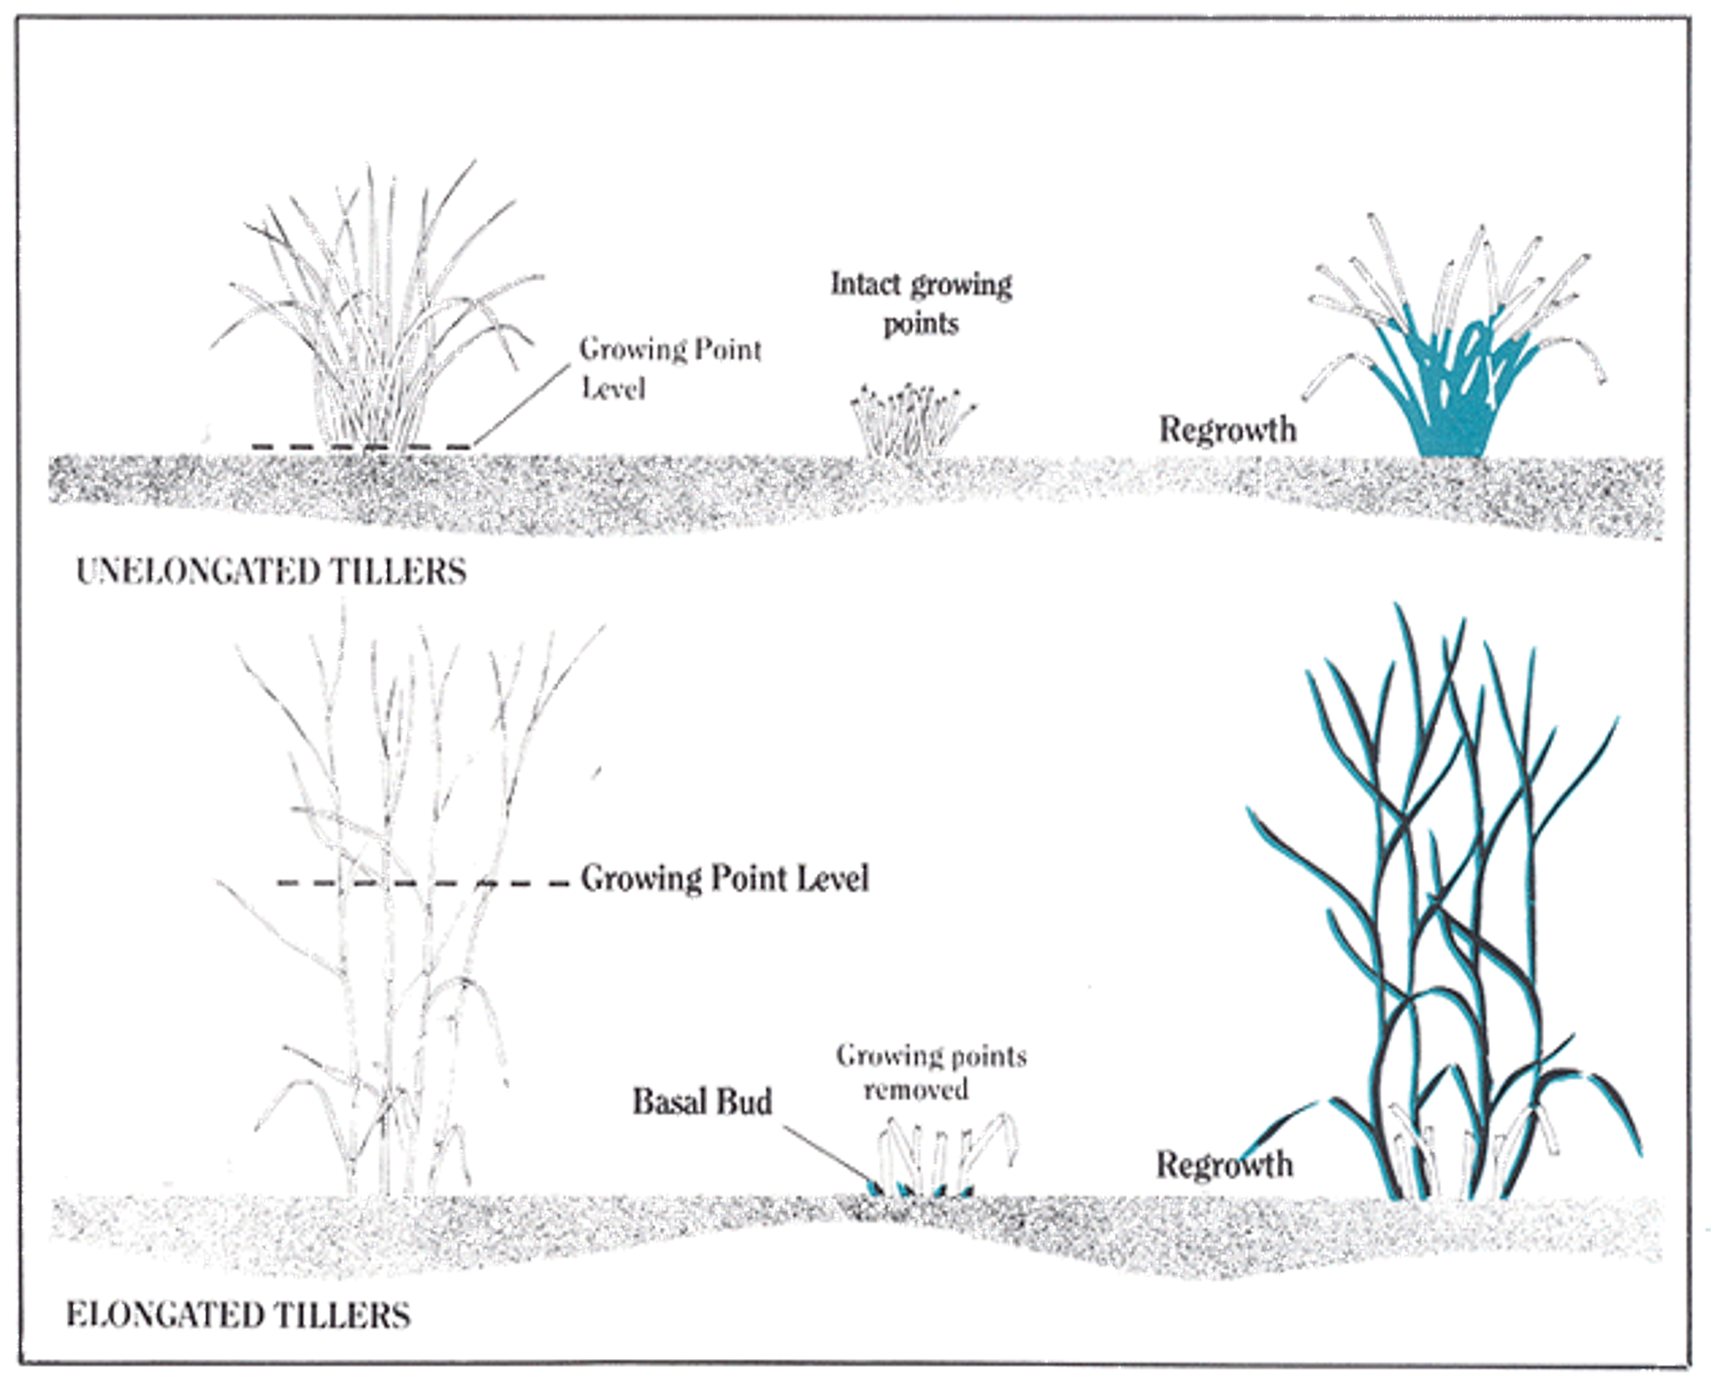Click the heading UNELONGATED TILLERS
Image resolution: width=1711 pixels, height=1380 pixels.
pos(271,572)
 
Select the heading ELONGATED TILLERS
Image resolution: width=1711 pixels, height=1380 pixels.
pos(238,1316)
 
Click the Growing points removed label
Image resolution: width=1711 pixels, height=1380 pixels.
pos(931,1073)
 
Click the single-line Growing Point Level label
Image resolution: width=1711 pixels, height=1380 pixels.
pos(724,878)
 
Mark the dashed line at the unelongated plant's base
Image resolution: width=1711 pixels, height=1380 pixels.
pos(362,447)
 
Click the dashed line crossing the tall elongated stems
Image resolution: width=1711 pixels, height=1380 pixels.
pos(423,882)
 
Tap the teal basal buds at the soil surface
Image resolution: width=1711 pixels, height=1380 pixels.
pos(919,1190)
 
